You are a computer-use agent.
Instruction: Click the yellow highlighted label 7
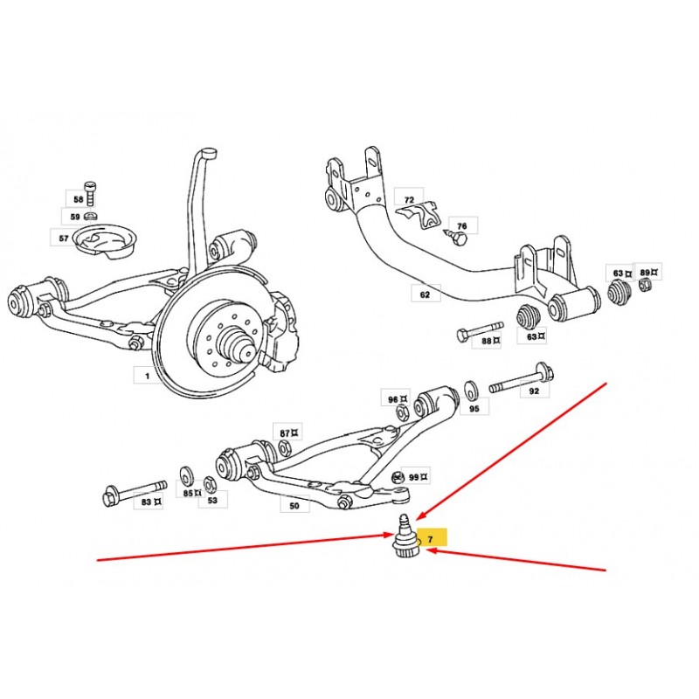[432, 537]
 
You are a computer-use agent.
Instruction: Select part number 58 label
[78, 199]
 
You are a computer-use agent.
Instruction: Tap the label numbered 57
[64, 239]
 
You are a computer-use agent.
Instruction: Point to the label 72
[409, 200]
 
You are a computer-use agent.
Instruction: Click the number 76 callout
[462, 226]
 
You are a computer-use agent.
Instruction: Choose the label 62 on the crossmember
[426, 294]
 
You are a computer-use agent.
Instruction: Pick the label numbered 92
[534, 391]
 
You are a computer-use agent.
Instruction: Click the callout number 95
[474, 408]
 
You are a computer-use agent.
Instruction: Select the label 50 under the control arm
[294, 506]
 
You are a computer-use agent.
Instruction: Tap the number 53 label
[212, 500]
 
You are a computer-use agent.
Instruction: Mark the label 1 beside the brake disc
[148, 376]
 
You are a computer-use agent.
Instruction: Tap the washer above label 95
[470, 391]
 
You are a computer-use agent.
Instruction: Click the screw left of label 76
[456, 237]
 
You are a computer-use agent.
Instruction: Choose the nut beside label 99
[398, 477]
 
